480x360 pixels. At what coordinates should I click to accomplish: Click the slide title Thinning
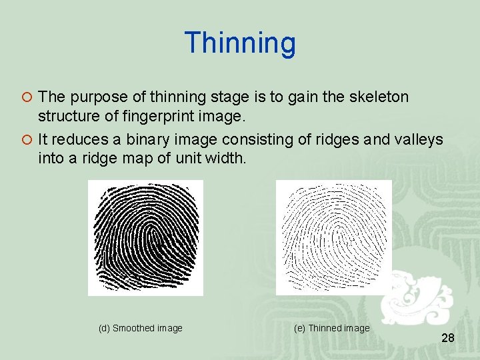click(240, 43)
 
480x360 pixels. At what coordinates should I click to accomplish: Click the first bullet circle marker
click(27, 97)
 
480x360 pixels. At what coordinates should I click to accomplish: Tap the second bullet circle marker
click(27, 139)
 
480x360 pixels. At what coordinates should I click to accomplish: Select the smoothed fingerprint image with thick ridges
click(145, 237)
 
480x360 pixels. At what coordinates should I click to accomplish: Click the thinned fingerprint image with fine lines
click(333, 237)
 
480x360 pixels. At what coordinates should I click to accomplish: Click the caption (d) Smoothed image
click(140, 328)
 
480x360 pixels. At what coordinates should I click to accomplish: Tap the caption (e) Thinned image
click(331, 328)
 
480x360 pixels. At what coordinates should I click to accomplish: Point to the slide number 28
click(447, 339)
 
